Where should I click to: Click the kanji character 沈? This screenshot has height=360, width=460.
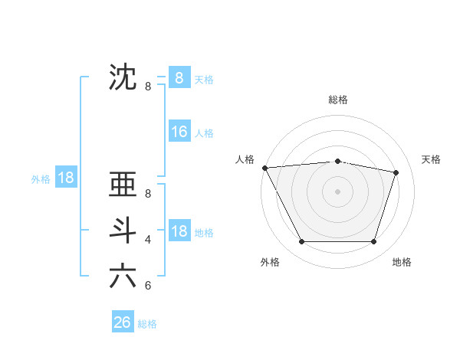(123, 77)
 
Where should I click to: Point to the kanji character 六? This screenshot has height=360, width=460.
(123, 276)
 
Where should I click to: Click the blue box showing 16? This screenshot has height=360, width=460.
(179, 132)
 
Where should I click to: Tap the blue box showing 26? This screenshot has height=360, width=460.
(122, 322)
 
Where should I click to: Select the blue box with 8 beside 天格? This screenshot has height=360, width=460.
(179, 77)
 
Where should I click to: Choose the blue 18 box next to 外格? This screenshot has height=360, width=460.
(65, 178)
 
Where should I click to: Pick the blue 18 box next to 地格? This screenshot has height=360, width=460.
(179, 231)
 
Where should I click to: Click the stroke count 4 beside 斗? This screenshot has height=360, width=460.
(148, 240)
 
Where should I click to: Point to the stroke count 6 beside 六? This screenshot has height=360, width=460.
(148, 286)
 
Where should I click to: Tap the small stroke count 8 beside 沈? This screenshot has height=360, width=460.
(148, 87)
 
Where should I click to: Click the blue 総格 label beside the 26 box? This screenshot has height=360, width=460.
(147, 324)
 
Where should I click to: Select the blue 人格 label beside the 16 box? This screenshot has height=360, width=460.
(204, 133)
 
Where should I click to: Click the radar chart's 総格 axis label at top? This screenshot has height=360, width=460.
(337, 100)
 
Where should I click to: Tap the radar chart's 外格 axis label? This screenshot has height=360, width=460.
(270, 262)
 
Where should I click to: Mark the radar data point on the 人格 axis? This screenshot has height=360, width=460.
(264, 168)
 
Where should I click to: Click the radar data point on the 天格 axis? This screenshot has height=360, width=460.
(396, 172)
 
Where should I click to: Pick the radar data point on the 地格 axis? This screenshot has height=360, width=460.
(373, 242)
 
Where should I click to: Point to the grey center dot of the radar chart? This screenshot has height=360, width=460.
(337, 191)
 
